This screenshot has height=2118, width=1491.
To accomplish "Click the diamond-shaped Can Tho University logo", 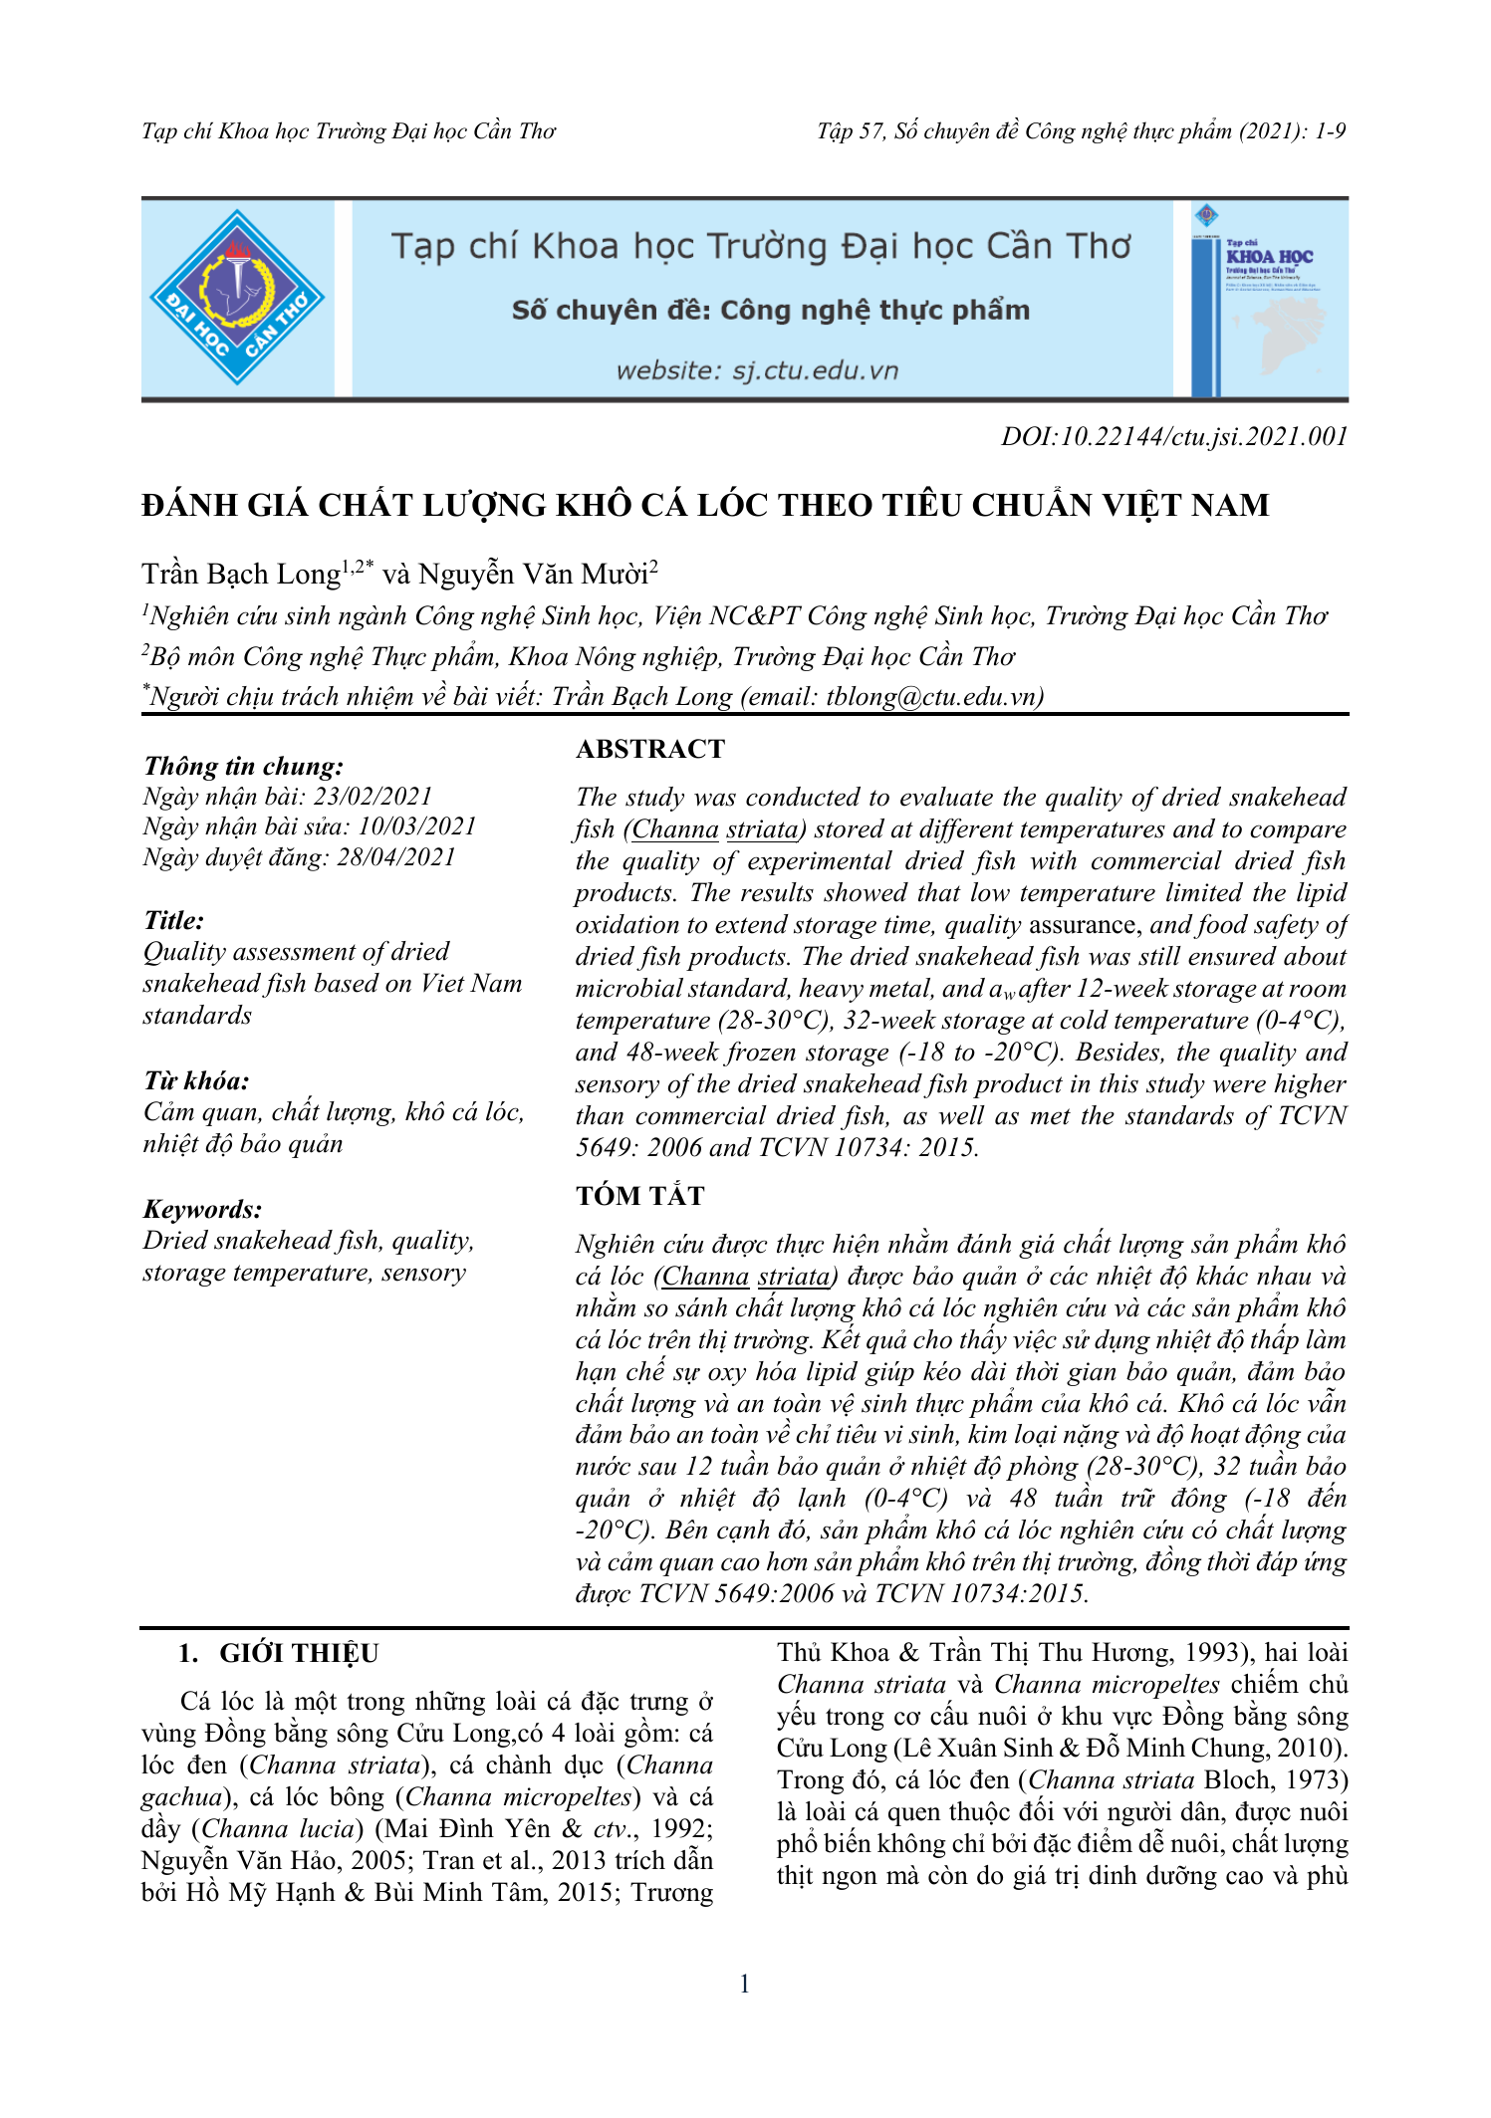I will point(237,297).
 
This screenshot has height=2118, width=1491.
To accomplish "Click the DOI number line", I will point(1174,436).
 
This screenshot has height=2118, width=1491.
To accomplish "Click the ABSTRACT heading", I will point(650,749).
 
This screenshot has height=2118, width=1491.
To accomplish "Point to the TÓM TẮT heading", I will point(639,1196).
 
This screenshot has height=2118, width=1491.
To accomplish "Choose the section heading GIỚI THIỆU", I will point(299,1654).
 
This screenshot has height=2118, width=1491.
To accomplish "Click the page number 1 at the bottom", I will point(745,1984).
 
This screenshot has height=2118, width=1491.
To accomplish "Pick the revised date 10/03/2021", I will point(417,826).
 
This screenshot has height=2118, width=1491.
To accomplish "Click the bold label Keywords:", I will point(202,1210).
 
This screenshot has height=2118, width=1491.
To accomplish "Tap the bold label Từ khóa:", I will point(196,1081).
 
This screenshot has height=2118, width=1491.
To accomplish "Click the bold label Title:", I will point(174,920).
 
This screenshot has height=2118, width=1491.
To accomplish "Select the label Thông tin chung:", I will point(243,766).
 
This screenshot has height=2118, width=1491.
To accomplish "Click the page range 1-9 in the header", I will point(1330,131).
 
